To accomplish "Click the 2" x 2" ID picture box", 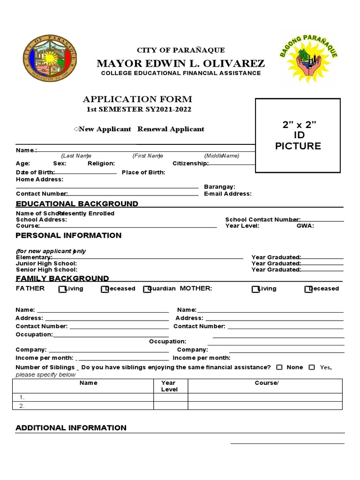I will [298, 135].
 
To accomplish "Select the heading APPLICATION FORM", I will [137, 99].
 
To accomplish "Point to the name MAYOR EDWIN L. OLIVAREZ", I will [180, 63].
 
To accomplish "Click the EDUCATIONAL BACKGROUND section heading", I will [77, 203].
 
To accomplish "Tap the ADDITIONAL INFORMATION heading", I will [71, 427].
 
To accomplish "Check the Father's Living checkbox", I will [62, 289].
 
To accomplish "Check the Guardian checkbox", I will [147, 289].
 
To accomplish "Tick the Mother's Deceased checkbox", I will [307, 289].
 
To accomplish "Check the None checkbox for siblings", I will [279, 367].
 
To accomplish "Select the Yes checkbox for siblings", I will [312, 367].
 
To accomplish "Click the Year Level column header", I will [169, 386].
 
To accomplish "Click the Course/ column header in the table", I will [266, 383].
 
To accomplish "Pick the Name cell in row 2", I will [83, 406].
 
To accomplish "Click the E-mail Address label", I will [227, 194].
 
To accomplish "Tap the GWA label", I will [305, 225].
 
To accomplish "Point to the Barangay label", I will [219, 187].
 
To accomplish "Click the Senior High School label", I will [46, 270].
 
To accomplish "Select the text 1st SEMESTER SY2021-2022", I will [139, 110].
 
